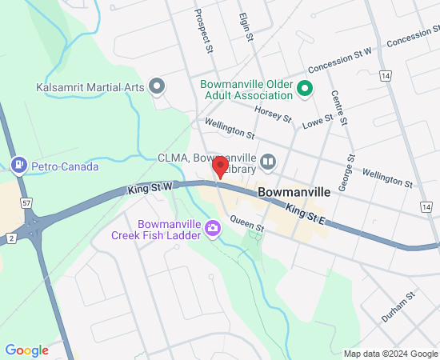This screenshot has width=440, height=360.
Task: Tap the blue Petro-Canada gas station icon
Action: tap(18, 166)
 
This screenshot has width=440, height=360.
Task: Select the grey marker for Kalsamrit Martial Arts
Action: tap(158, 86)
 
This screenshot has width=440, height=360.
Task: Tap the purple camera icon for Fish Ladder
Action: tap(213, 229)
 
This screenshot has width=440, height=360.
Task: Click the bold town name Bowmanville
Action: tap(294, 193)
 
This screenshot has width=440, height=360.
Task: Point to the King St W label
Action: tap(150, 189)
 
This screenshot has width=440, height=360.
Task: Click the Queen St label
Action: tap(246, 224)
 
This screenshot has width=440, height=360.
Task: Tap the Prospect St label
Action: tap(204, 32)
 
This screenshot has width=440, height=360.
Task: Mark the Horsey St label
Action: tap(276, 115)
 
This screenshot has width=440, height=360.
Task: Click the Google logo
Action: tap(26, 350)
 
